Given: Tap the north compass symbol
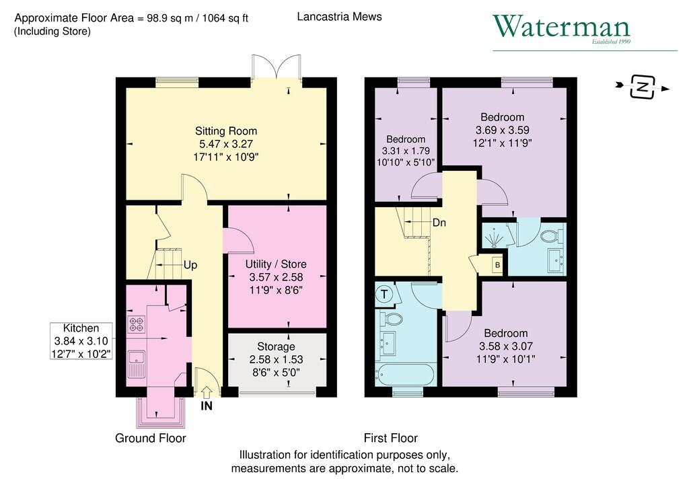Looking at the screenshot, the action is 643,87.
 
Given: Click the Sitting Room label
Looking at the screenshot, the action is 226,143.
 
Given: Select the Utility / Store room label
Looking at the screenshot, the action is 276,277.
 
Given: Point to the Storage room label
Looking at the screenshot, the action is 276,359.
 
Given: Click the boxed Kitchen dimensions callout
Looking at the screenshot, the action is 81,341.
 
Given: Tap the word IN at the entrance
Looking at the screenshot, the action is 207,406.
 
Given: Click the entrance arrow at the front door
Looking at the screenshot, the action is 207,391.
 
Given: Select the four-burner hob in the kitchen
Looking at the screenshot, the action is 136,324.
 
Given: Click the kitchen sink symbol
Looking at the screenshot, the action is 136,364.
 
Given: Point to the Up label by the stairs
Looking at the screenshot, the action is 190,265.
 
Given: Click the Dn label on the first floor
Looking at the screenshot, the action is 439,223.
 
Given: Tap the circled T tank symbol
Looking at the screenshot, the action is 385,294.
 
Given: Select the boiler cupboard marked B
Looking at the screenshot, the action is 497,265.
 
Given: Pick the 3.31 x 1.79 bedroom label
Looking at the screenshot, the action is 406,151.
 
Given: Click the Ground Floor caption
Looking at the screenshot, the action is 150,438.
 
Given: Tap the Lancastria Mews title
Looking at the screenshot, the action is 339,17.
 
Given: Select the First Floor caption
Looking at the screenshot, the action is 391,438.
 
